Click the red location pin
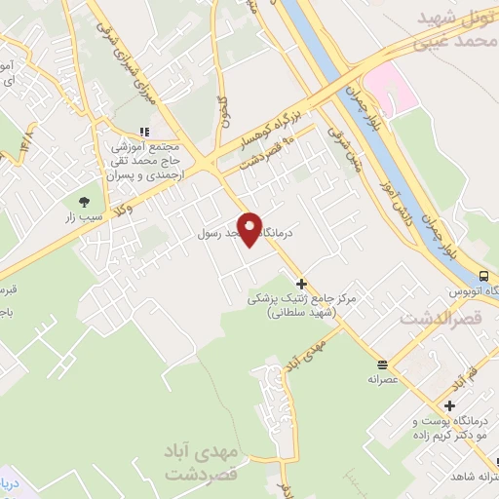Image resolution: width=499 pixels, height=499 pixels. tap(250, 229)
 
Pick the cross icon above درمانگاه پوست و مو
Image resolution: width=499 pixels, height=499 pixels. tap(448, 405)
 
